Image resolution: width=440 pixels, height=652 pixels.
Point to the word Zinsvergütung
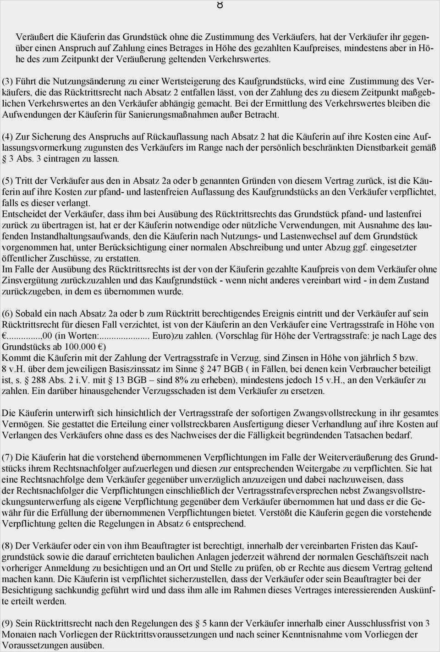[x=28, y=280]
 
